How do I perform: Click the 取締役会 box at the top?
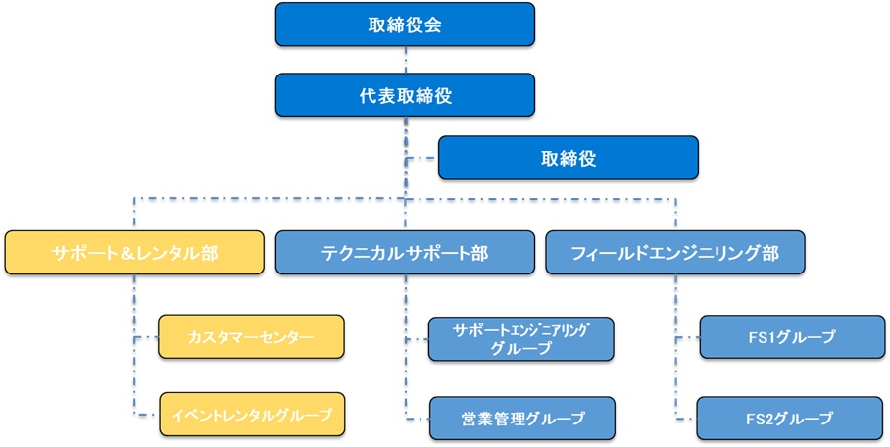pyautogui.click(x=406, y=25)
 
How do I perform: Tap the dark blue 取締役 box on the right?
pyautogui.click(x=568, y=158)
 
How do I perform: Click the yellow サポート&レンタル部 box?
pyautogui.click(x=134, y=252)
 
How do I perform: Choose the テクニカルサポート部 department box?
pyautogui.click(x=405, y=252)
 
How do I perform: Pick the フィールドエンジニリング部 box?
pyautogui.click(x=674, y=252)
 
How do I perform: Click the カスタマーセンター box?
pyautogui.click(x=251, y=337)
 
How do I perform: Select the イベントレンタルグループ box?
pyautogui.click(x=251, y=417)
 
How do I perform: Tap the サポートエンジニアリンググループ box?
pyautogui.click(x=520, y=338)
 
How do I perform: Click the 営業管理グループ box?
pyautogui.click(x=520, y=419)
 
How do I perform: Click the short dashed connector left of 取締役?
pyautogui.click(x=421, y=158)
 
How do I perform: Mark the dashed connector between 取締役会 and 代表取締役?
pyautogui.click(x=406, y=59)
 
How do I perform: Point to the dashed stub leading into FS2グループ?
pyautogui.click(x=685, y=419)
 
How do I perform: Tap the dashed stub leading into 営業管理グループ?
pyautogui.click(x=416, y=419)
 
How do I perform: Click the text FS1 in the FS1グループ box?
pyautogui.click(x=762, y=337)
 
